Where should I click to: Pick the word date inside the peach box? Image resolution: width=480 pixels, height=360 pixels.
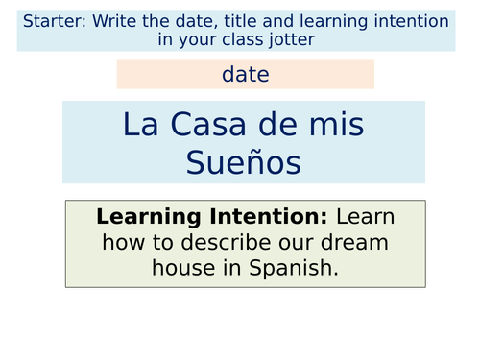(245, 74)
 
